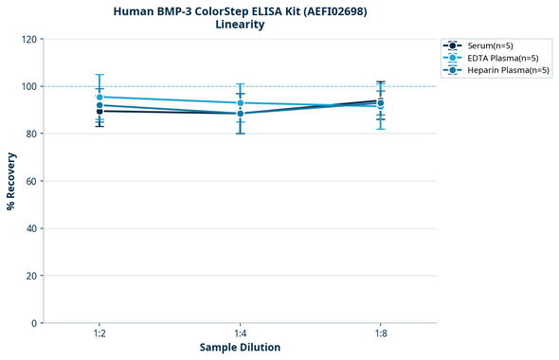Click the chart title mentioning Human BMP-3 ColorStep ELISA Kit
(240, 10)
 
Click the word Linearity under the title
(240, 25)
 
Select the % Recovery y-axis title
(11, 181)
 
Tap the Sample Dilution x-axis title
(240, 348)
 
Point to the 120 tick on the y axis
(27, 39)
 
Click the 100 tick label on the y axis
(27, 86)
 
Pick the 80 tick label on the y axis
(30, 134)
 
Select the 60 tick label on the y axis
(30, 181)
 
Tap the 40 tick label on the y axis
(30, 228)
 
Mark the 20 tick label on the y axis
(30, 276)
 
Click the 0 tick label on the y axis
(33, 323)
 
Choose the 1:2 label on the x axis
(99, 333)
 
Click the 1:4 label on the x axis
(240, 333)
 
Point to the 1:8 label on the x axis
(380, 333)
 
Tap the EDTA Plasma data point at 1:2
(99, 97)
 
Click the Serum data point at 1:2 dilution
(99, 111)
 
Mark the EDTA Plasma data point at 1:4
(240, 102)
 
